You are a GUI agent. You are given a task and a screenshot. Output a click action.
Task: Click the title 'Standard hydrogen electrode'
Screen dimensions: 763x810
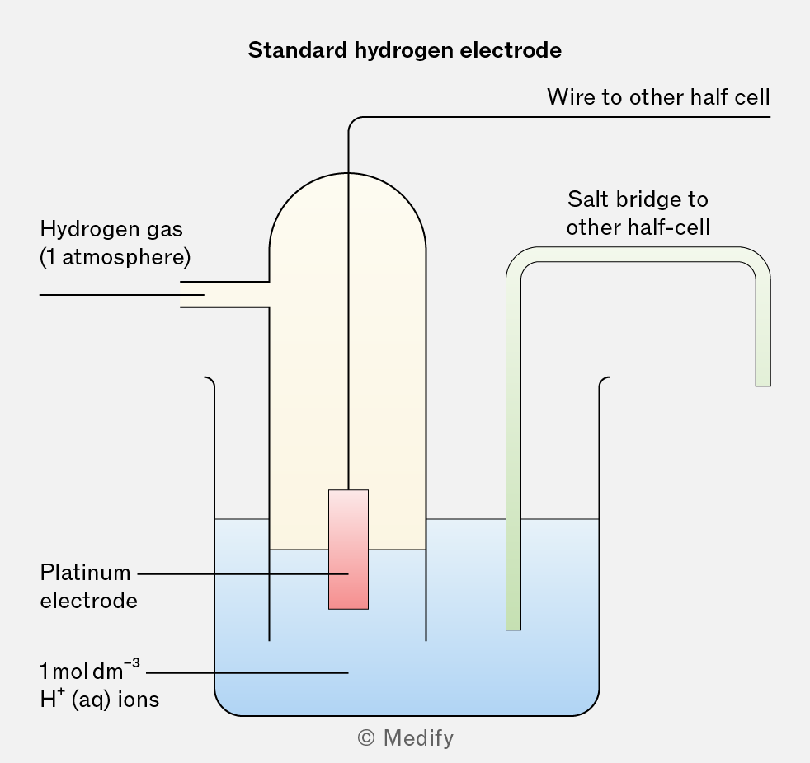(x=404, y=50)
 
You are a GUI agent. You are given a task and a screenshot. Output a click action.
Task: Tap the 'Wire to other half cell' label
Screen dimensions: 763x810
(x=657, y=98)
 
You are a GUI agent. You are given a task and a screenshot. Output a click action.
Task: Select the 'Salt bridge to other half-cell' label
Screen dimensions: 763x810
(x=638, y=213)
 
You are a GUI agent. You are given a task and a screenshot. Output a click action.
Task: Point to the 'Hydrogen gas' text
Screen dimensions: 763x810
(x=111, y=229)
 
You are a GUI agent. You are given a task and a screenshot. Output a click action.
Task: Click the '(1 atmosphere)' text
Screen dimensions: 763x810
(x=115, y=257)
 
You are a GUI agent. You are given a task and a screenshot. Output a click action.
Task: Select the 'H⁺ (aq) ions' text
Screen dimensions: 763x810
(x=99, y=700)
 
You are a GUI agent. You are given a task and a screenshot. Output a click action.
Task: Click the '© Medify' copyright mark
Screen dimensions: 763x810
(x=405, y=738)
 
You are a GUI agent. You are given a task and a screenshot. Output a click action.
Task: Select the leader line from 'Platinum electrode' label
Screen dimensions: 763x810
(x=239, y=573)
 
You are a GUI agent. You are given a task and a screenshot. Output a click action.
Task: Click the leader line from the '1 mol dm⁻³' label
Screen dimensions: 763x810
(x=247, y=673)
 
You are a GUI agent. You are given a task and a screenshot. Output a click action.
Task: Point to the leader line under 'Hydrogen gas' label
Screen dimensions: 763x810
(x=115, y=294)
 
